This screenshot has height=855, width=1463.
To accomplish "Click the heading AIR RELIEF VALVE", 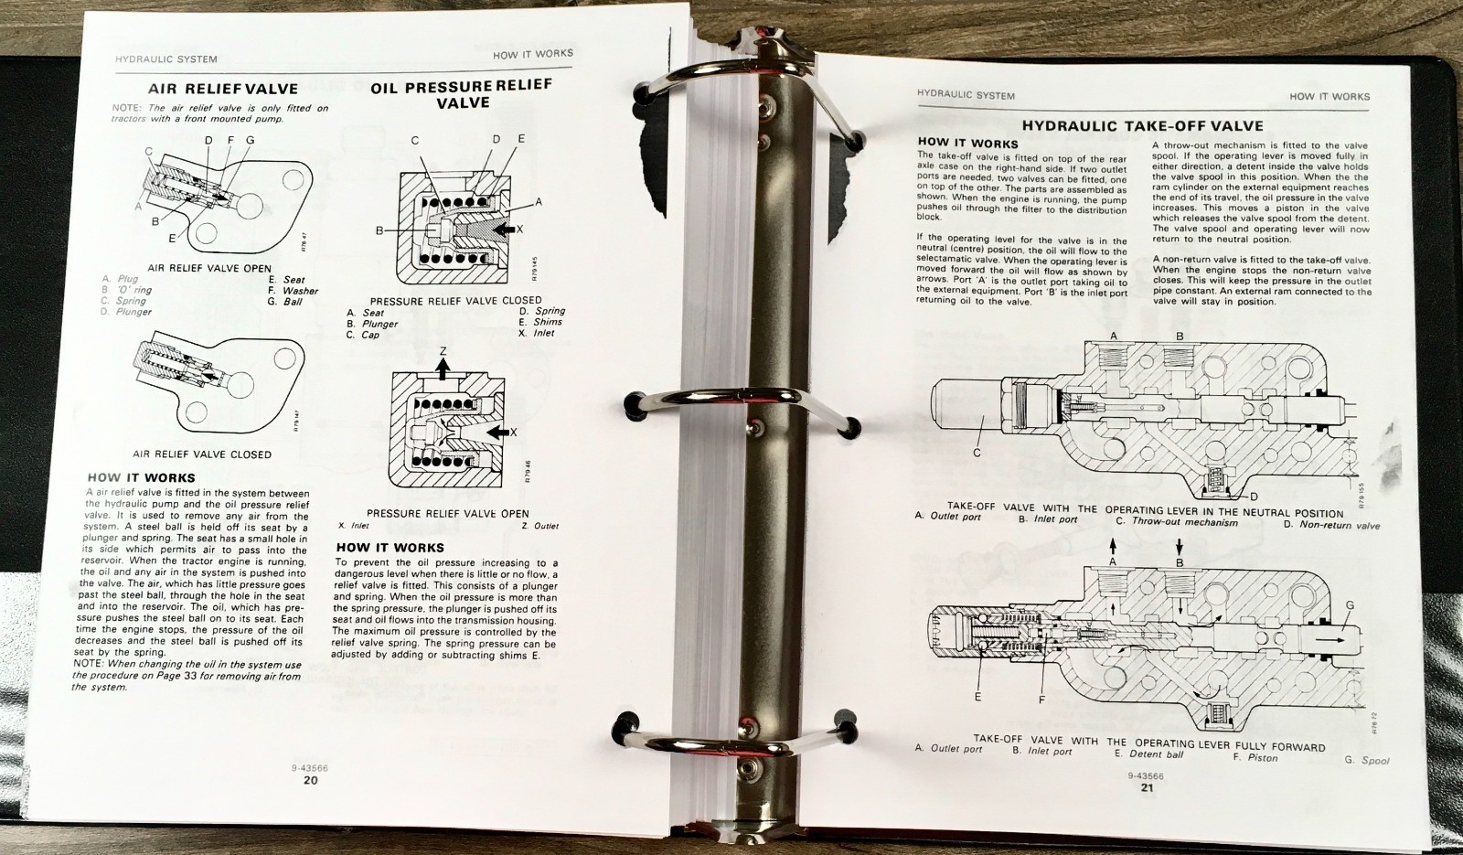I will [223, 89].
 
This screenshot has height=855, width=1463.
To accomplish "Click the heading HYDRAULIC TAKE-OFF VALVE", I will [1142, 126].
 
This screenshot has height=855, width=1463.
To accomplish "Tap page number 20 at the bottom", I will [310, 781].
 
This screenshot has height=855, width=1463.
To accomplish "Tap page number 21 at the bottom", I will [1147, 787].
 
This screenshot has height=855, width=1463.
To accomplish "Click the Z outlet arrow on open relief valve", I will [443, 367].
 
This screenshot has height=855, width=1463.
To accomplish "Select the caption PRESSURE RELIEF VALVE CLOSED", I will [455, 300].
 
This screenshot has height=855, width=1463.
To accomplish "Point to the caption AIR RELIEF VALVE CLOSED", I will [202, 454].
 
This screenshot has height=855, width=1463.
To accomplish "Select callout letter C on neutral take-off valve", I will [977, 453].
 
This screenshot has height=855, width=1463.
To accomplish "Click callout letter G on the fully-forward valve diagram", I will [1350, 606].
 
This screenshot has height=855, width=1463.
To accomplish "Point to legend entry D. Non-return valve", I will [1332, 525].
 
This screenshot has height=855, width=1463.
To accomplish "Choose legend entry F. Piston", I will [1255, 757].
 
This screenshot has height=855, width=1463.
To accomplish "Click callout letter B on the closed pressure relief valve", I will [379, 230].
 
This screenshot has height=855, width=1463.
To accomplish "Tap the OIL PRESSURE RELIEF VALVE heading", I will [462, 94].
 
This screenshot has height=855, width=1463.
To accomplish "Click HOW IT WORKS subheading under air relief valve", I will [141, 477].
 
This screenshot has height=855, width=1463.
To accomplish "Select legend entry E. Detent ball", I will [1148, 753].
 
